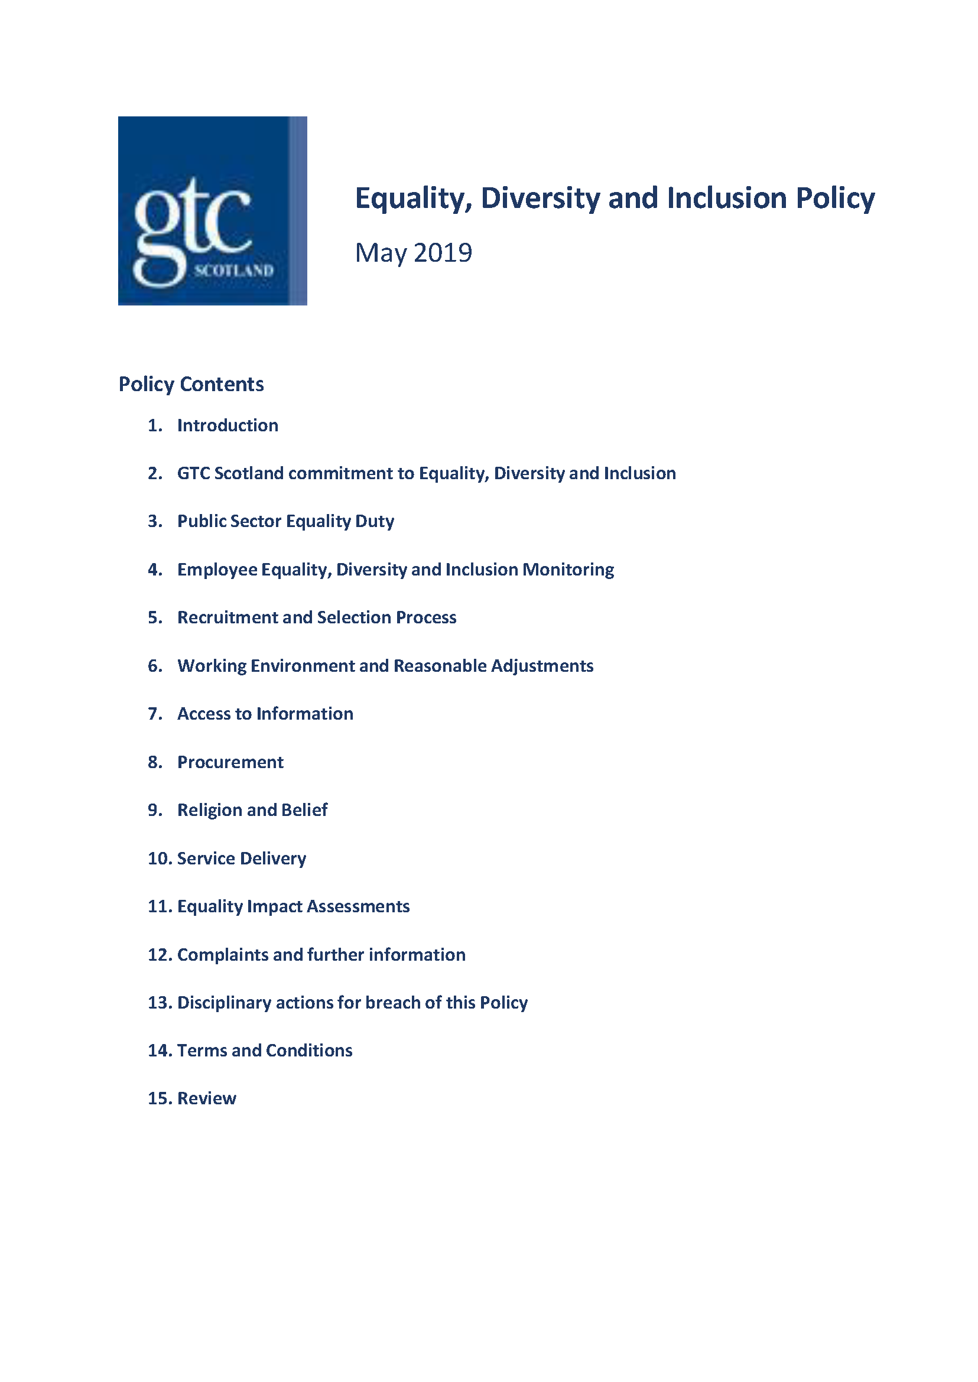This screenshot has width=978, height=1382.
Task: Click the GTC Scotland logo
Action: point(212,210)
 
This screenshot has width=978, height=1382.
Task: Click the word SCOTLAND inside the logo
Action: point(233,271)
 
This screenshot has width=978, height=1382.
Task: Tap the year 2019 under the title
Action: point(443,252)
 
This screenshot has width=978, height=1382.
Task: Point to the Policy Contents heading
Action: point(191,384)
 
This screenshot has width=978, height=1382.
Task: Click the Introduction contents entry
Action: point(227,425)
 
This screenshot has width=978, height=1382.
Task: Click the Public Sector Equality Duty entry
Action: point(285,521)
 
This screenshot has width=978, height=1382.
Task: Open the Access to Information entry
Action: point(265,714)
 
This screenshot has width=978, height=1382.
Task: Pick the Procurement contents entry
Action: point(230,762)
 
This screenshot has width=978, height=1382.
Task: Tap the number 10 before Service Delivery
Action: point(160,858)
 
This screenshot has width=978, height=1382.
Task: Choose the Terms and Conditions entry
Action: point(264,1050)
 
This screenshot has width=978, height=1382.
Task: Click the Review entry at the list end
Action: point(207,1098)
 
